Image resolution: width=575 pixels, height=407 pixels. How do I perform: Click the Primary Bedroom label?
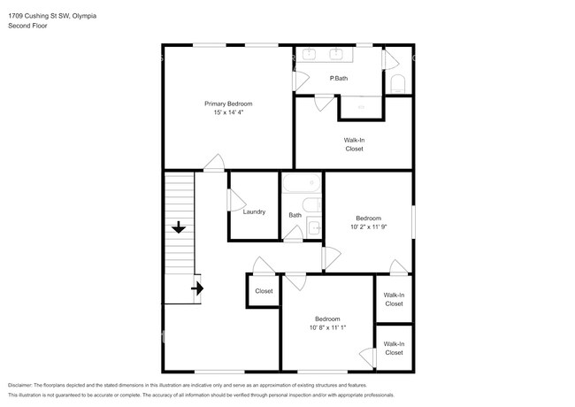(228, 104)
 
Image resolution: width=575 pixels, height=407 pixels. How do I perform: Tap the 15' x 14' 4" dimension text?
(228, 112)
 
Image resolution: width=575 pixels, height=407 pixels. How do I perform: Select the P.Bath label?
(339, 78)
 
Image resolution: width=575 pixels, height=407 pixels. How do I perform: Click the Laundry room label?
(254, 211)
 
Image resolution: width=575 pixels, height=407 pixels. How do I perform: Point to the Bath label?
(295, 215)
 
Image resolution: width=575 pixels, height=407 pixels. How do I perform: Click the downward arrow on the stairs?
(179, 227)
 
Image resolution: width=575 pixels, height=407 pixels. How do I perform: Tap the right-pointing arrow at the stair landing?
(197, 288)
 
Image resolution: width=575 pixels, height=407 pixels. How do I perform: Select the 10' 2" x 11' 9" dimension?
(369, 227)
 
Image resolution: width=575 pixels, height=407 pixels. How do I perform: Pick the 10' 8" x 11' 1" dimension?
(327, 327)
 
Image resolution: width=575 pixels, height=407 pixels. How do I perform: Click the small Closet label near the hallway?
(264, 291)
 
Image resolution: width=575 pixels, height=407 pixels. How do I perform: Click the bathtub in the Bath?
(302, 182)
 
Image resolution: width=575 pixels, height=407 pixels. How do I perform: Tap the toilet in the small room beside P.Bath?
(397, 84)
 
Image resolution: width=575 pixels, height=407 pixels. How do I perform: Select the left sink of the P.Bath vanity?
(309, 54)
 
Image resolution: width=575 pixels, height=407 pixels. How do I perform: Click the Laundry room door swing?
(237, 200)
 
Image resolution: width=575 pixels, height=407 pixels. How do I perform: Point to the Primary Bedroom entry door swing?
(214, 162)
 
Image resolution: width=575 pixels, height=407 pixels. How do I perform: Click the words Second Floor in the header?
(27, 26)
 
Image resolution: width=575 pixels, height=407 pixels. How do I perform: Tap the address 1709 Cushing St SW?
(39, 16)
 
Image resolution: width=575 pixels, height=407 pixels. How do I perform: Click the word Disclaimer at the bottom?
(20, 385)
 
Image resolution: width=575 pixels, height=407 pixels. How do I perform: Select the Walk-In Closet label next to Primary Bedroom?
(354, 144)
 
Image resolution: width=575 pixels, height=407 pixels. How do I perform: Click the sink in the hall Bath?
(314, 227)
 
